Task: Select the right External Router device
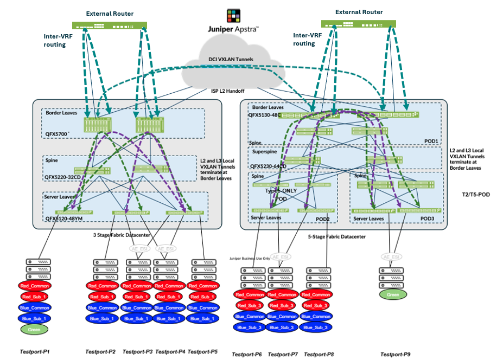[359, 24]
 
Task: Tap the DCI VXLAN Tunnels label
[231, 59]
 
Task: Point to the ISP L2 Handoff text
[231, 92]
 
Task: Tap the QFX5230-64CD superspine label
[274, 166]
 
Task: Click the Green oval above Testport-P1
[35, 329]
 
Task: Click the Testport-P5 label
[202, 352]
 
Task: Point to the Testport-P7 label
[283, 354]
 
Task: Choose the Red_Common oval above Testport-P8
[316, 295]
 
